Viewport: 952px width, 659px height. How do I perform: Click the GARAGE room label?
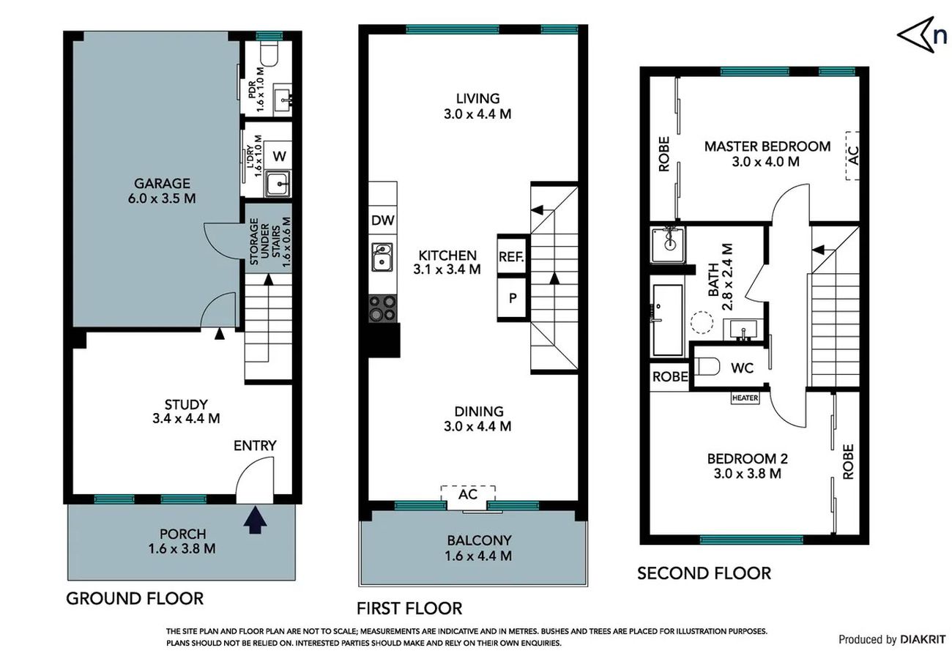pyautogui.click(x=162, y=183)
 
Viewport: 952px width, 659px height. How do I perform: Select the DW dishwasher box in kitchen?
pyautogui.click(x=383, y=220)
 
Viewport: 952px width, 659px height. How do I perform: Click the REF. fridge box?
pyautogui.click(x=512, y=256)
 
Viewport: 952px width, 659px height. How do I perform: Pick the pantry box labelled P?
pyautogui.click(x=512, y=298)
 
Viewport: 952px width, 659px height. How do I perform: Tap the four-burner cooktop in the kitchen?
pyautogui.click(x=382, y=308)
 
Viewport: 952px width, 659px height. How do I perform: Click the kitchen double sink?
pyautogui.click(x=382, y=257)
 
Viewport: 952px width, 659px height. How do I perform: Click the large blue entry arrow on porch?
pyautogui.click(x=255, y=520)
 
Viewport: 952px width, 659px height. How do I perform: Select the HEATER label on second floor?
pyautogui.click(x=745, y=398)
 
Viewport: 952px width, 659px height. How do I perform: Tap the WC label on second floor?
pyautogui.click(x=742, y=368)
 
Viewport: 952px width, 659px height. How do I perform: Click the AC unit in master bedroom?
pyautogui.click(x=852, y=155)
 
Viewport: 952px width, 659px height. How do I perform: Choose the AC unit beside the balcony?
pyautogui.click(x=468, y=497)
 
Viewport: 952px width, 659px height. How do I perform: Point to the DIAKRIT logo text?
pyautogui.click(x=922, y=639)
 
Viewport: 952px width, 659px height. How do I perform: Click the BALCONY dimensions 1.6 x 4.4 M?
pyautogui.click(x=478, y=556)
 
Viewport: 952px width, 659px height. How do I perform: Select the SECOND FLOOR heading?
pyautogui.click(x=704, y=573)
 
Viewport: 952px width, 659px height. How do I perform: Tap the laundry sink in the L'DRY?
pyautogui.click(x=278, y=183)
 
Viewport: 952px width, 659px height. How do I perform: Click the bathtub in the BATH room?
pyautogui.click(x=668, y=320)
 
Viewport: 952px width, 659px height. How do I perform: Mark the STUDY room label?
pyautogui.click(x=186, y=404)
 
